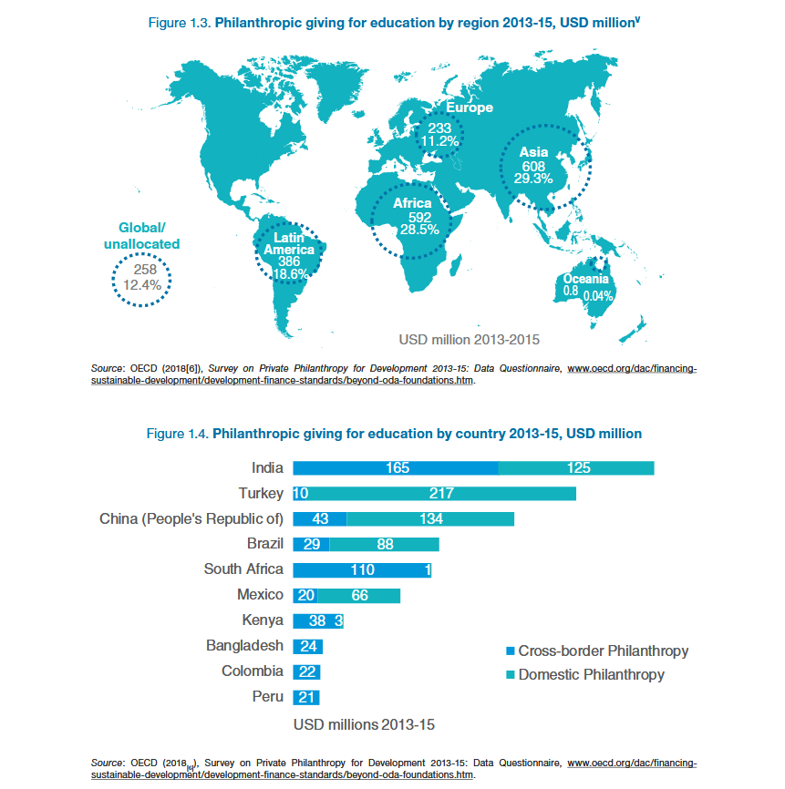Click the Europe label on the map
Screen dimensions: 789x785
470,108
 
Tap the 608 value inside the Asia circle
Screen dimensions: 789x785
533,166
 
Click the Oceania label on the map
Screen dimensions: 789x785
585,279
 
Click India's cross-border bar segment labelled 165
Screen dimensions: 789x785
397,468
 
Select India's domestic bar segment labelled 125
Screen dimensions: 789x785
577,468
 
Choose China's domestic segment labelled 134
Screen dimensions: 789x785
430,519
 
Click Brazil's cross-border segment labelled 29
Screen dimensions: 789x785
311,544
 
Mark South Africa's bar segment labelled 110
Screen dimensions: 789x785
360,569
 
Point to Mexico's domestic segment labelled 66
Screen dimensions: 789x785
359,595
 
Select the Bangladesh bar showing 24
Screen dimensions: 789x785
307,646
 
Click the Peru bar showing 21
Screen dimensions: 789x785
305,697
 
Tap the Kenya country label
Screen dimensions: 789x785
263,620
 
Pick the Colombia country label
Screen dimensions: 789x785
253,671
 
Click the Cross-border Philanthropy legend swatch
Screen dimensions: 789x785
510,651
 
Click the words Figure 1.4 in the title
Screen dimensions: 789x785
177,434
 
